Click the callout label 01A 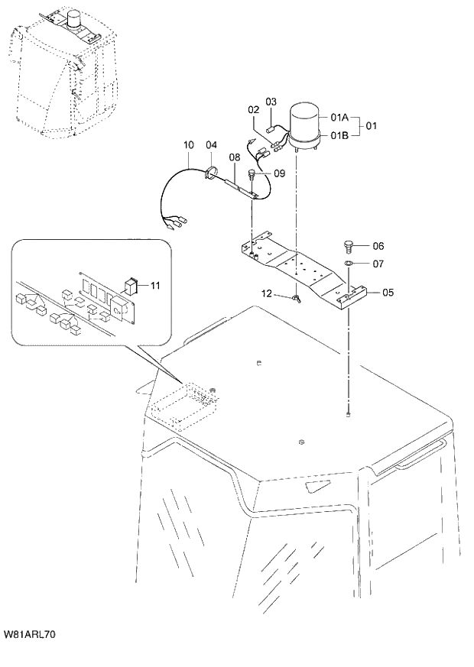339,118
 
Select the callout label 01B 339,135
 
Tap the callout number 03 271,102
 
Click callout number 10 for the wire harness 188,144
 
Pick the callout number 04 211,144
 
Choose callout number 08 235,157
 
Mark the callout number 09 278,173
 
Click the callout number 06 378,246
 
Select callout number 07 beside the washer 378,264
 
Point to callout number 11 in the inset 155,285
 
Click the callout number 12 267,293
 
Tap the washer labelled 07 348,264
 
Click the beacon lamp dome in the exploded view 306,118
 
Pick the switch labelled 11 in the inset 132,286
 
